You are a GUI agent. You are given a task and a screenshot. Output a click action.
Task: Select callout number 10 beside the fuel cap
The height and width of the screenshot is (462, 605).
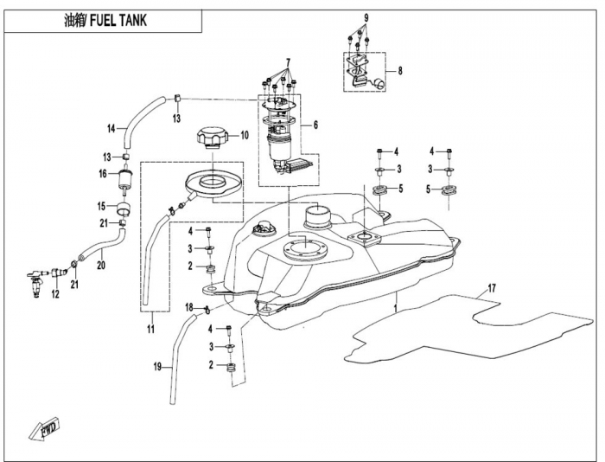click(x=244, y=135)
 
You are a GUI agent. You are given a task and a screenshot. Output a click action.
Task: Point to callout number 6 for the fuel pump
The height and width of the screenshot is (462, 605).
click(x=315, y=125)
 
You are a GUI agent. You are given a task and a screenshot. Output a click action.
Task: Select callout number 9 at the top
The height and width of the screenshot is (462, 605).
click(x=366, y=18)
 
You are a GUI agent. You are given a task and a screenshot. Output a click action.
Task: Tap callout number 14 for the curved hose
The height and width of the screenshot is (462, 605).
click(x=111, y=129)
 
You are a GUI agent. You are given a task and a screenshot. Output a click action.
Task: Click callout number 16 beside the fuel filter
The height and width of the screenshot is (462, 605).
click(x=101, y=173)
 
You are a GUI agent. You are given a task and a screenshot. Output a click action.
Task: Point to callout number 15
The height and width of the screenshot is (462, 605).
click(x=101, y=206)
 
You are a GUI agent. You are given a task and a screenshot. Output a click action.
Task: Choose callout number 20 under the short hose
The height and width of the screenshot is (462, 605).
click(x=99, y=265)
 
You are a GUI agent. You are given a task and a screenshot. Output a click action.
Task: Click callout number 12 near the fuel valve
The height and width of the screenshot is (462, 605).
click(x=54, y=295)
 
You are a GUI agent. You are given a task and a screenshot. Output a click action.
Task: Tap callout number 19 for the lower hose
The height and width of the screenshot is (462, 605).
click(x=158, y=368)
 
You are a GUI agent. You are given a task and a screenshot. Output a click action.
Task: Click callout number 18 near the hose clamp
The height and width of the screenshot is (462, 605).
click(x=188, y=307)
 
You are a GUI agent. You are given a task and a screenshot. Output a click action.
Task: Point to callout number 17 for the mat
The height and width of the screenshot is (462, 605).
click(x=490, y=287)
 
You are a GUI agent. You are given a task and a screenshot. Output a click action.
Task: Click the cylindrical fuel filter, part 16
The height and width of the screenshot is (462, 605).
click(x=125, y=180)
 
